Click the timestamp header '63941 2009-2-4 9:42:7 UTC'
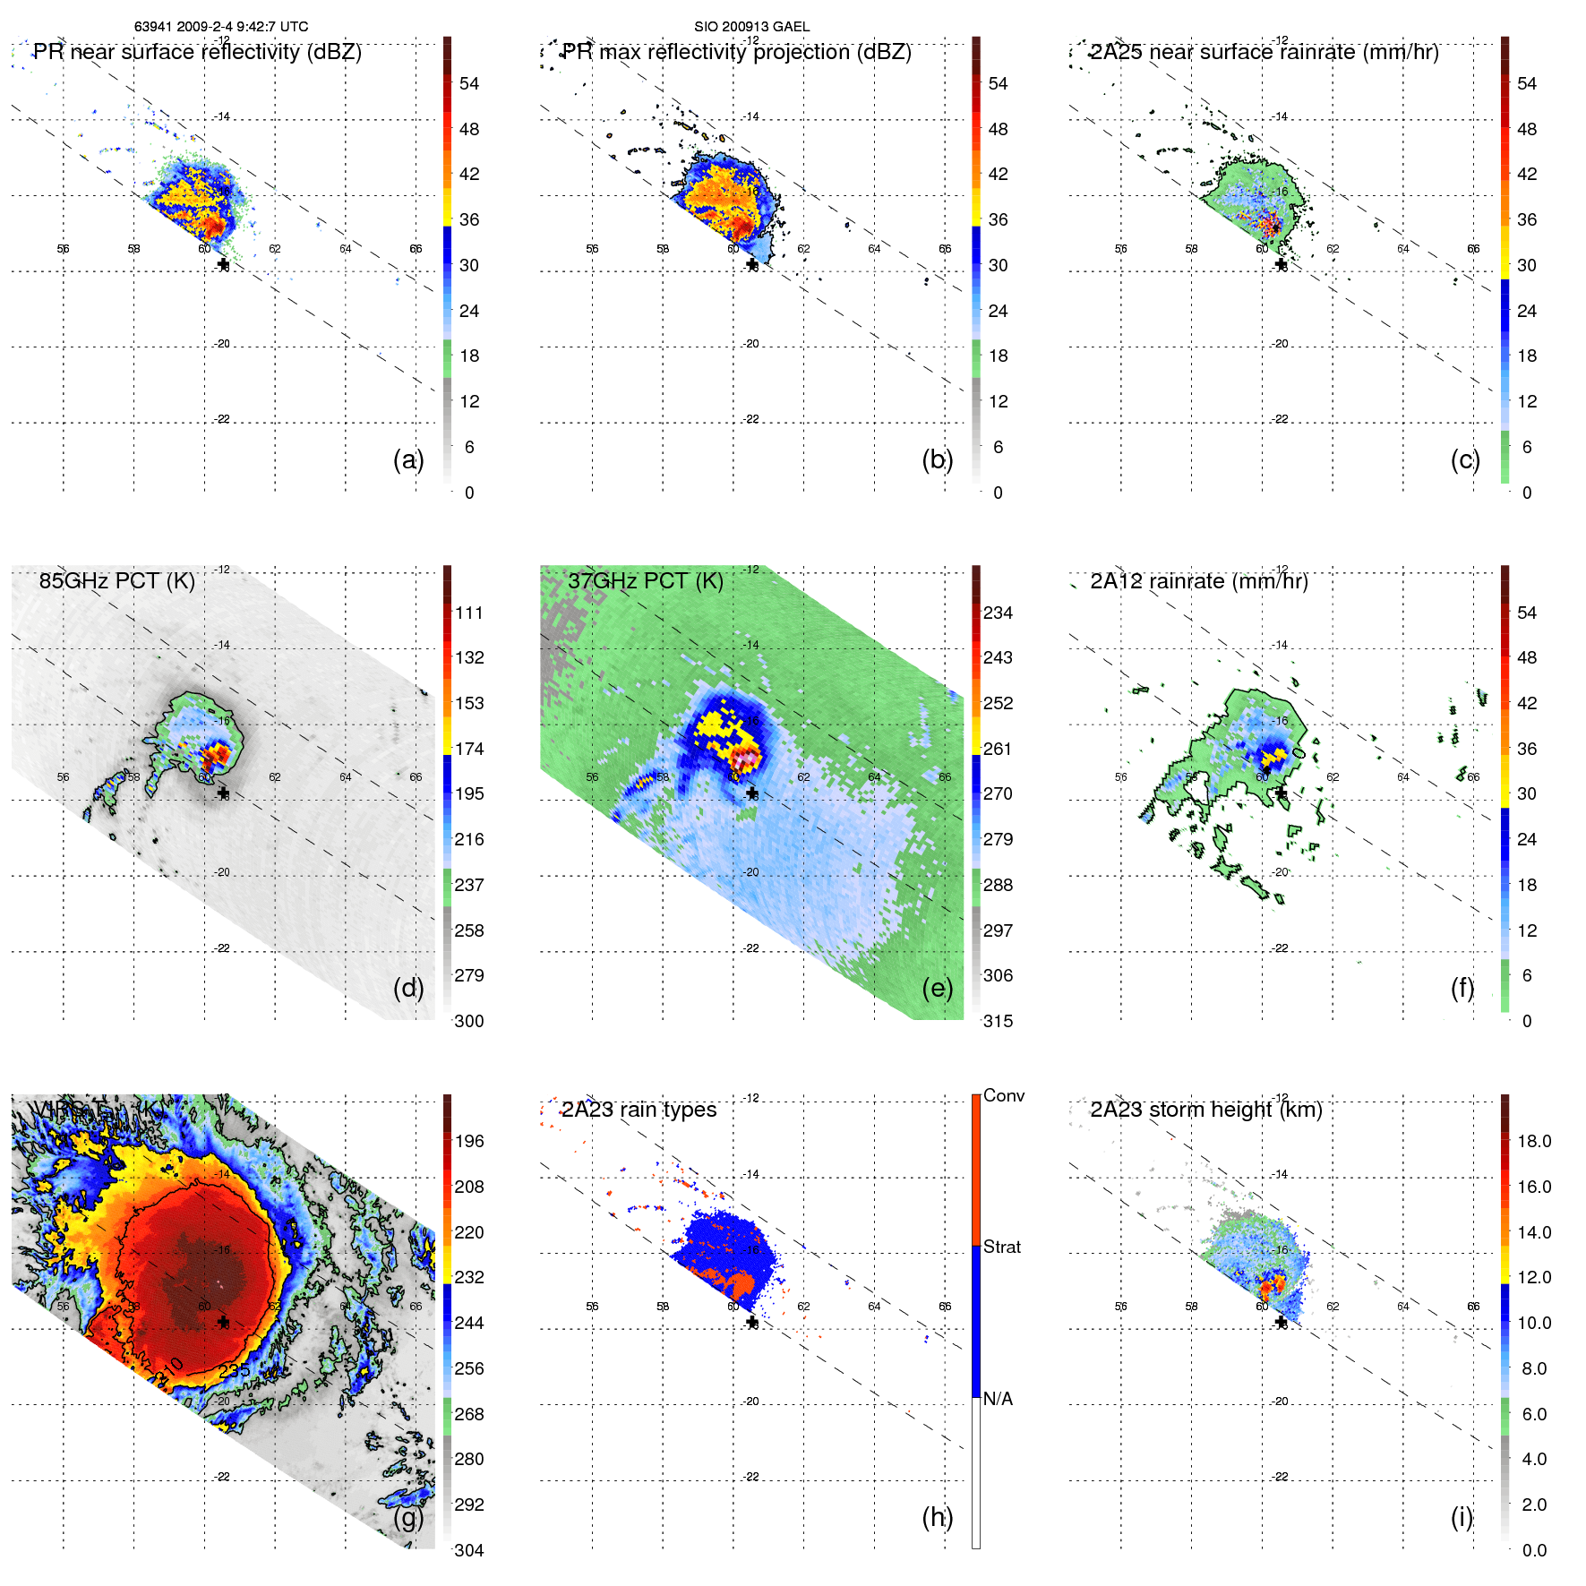click(220, 27)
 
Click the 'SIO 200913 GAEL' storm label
click(751, 27)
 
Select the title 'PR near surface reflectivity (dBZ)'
click(197, 52)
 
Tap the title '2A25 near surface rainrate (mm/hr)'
click(1264, 52)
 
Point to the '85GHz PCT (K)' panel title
click(116, 581)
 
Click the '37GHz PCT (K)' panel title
click(645, 581)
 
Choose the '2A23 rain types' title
click(639, 1110)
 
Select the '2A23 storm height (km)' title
click(1205, 1110)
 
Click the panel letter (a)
click(408, 459)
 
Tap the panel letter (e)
click(937, 988)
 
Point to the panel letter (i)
click(1462, 1517)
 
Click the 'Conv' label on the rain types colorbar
click(1003, 1095)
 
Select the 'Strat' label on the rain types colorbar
click(1001, 1247)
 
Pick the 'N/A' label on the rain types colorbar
click(998, 1399)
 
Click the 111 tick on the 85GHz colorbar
click(469, 613)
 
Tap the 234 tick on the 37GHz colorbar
click(998, 613)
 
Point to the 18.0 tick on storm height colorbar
click(1533, 1141)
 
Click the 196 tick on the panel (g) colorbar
click(469, 1141)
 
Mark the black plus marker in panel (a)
click(223, 264)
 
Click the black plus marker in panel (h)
click(751, 1323)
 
